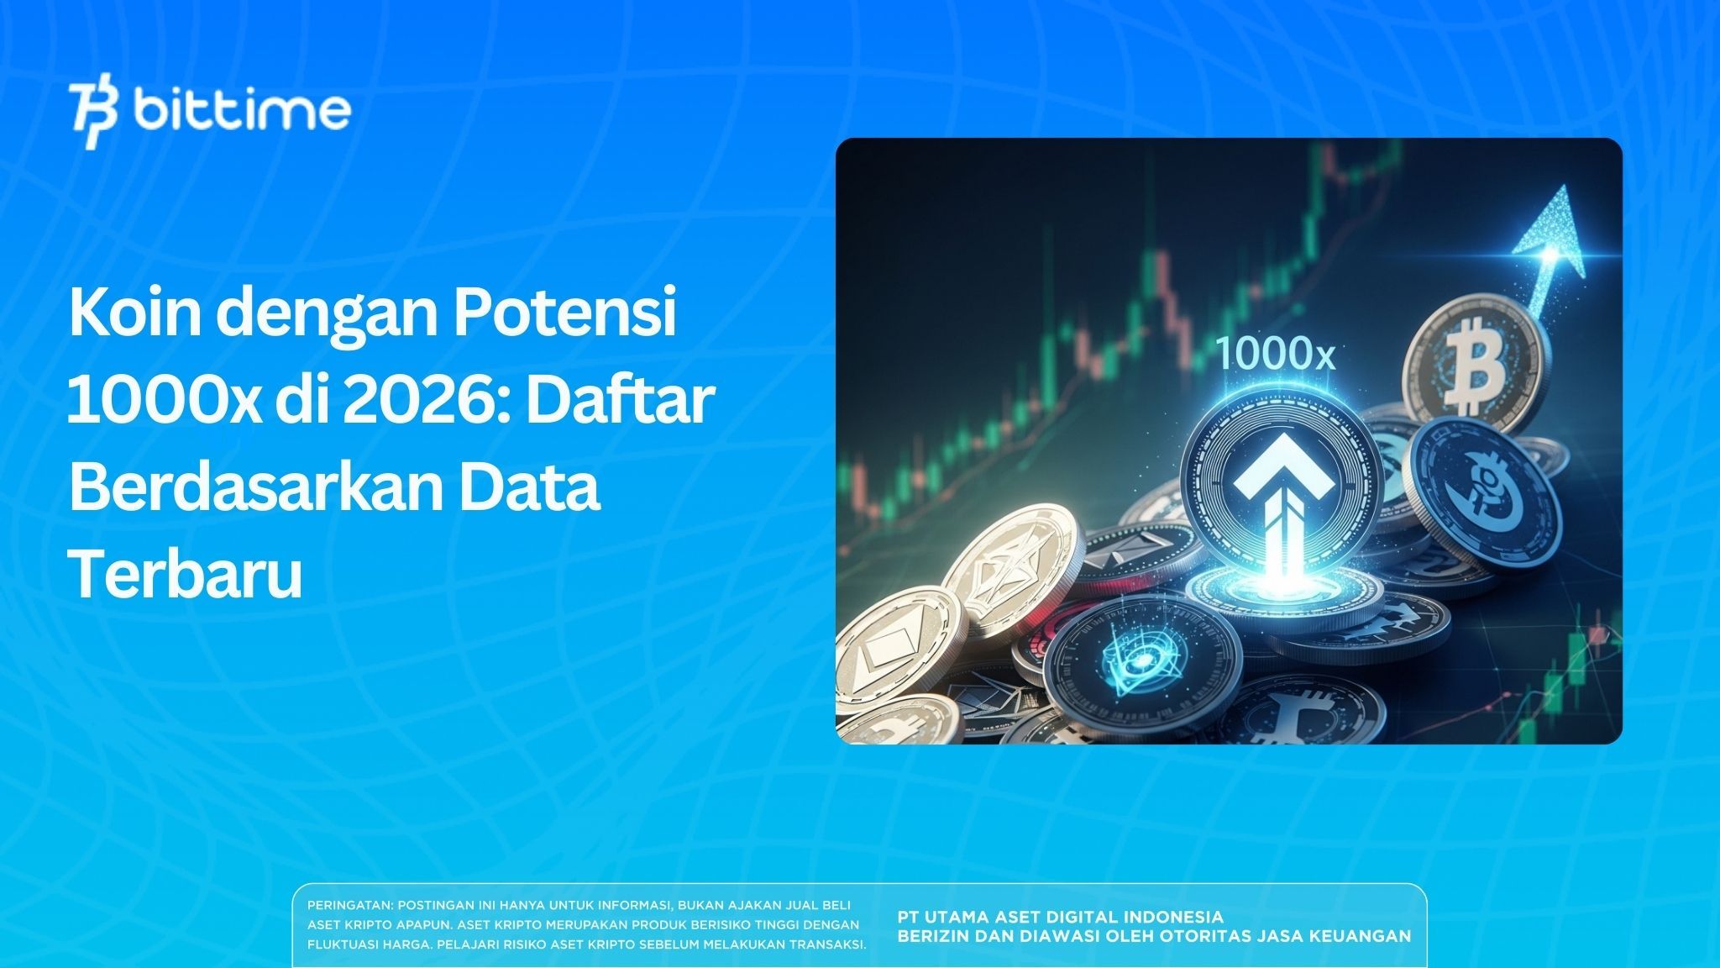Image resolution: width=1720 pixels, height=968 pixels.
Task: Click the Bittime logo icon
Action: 94,115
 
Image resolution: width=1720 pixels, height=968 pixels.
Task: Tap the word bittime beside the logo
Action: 242,110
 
